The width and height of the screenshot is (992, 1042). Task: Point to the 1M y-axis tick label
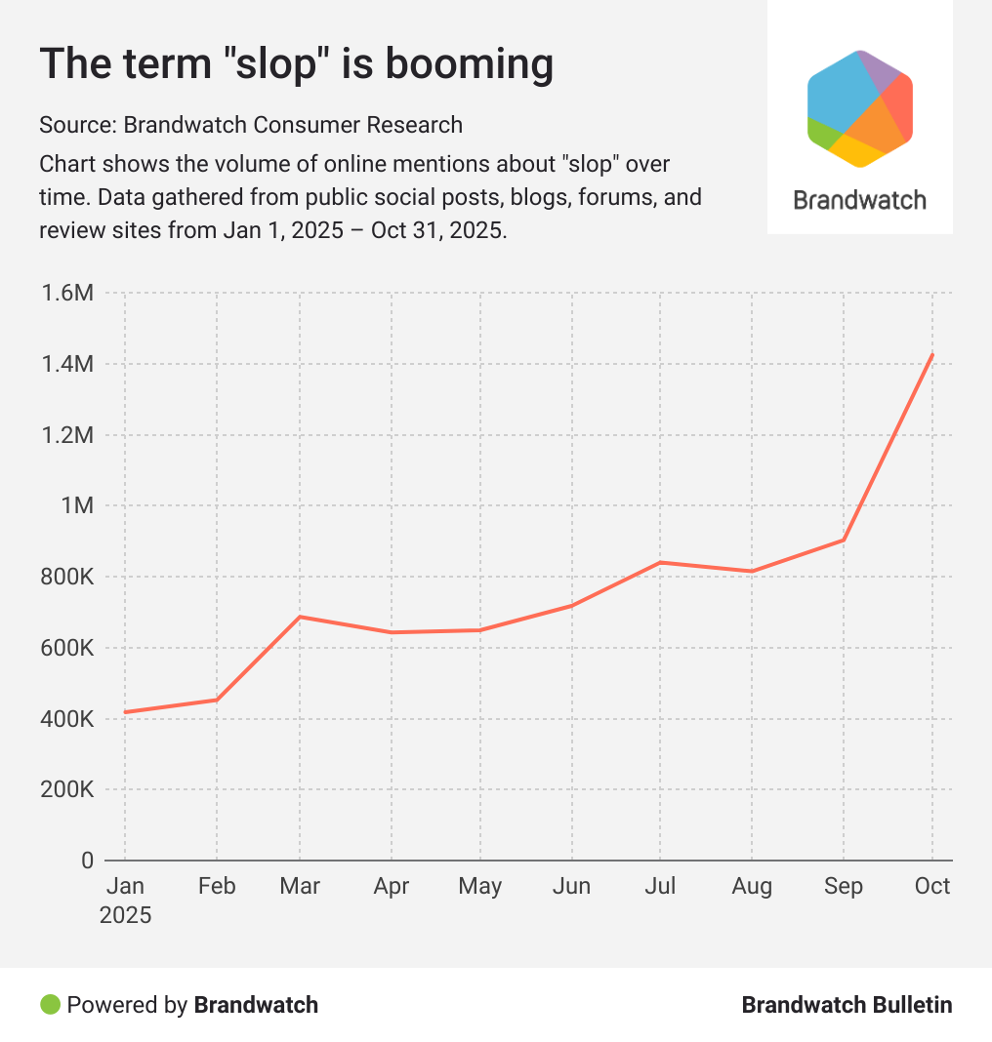[75, 505]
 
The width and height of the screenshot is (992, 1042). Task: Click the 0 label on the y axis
[87, 861]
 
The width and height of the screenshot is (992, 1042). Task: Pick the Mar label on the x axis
[300, 886]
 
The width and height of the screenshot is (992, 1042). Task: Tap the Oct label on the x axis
[932, 886]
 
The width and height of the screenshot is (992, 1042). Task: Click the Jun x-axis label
[571, 886]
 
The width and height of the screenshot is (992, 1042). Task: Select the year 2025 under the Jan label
[125, 915]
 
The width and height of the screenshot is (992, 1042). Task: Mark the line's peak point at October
[932, 354]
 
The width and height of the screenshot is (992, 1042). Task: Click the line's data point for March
[300, 617]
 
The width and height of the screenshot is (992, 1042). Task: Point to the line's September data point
[843, 540]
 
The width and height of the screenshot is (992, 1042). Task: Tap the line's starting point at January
[125, 712]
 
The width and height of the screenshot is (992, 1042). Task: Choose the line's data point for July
[661, 562]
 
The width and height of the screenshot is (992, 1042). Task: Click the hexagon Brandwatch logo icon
[859, 108]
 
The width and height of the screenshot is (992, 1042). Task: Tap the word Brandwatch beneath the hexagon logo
[859, 200]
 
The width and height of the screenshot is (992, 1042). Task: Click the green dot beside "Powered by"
[50, 1004]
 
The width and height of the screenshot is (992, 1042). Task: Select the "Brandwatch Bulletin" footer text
[847, 1004]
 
